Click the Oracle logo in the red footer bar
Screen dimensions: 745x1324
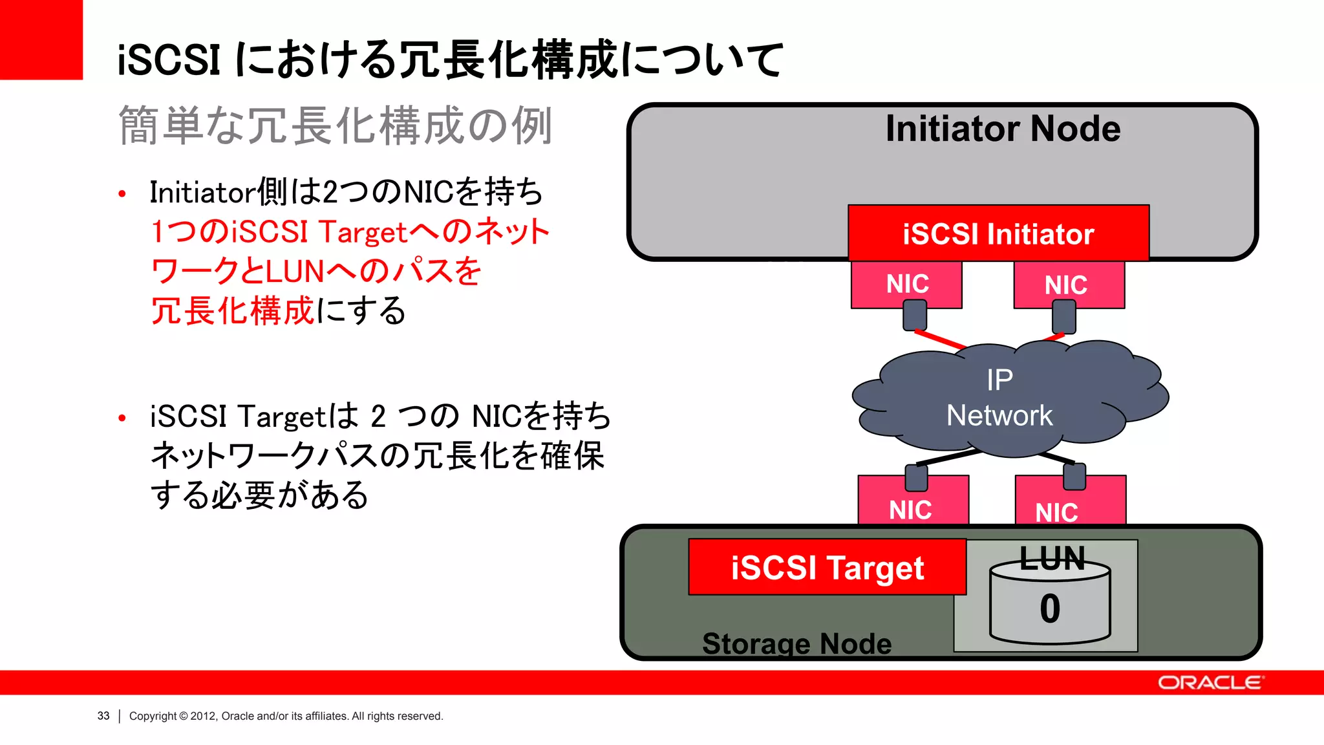[x=1209, y=683]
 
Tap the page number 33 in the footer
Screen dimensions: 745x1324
[x=103, y=716]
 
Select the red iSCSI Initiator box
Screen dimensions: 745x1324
[x=998, y=233]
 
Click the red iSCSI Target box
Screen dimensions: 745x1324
[x=827, y=567]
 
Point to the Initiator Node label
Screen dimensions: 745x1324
[x=1002, y=128]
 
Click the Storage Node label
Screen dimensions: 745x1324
[x=796, y=643]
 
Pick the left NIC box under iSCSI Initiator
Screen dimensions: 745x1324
[x=906, y=284]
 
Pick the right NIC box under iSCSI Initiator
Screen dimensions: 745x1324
[x=1068, y=285]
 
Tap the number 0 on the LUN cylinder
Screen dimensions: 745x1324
[x=1050, y=609]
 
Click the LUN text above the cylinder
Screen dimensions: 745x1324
[x=1052, y=558]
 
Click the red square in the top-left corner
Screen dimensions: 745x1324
[x=41, y=39]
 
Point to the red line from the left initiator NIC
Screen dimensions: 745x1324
[x=939, y=339]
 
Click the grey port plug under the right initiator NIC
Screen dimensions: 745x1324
[x=1063, y=318]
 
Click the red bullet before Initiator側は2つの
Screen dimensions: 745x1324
[x=122, y=193]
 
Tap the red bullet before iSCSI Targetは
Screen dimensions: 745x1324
[x=122, y=418]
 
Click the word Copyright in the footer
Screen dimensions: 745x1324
[x=153, y=716]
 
